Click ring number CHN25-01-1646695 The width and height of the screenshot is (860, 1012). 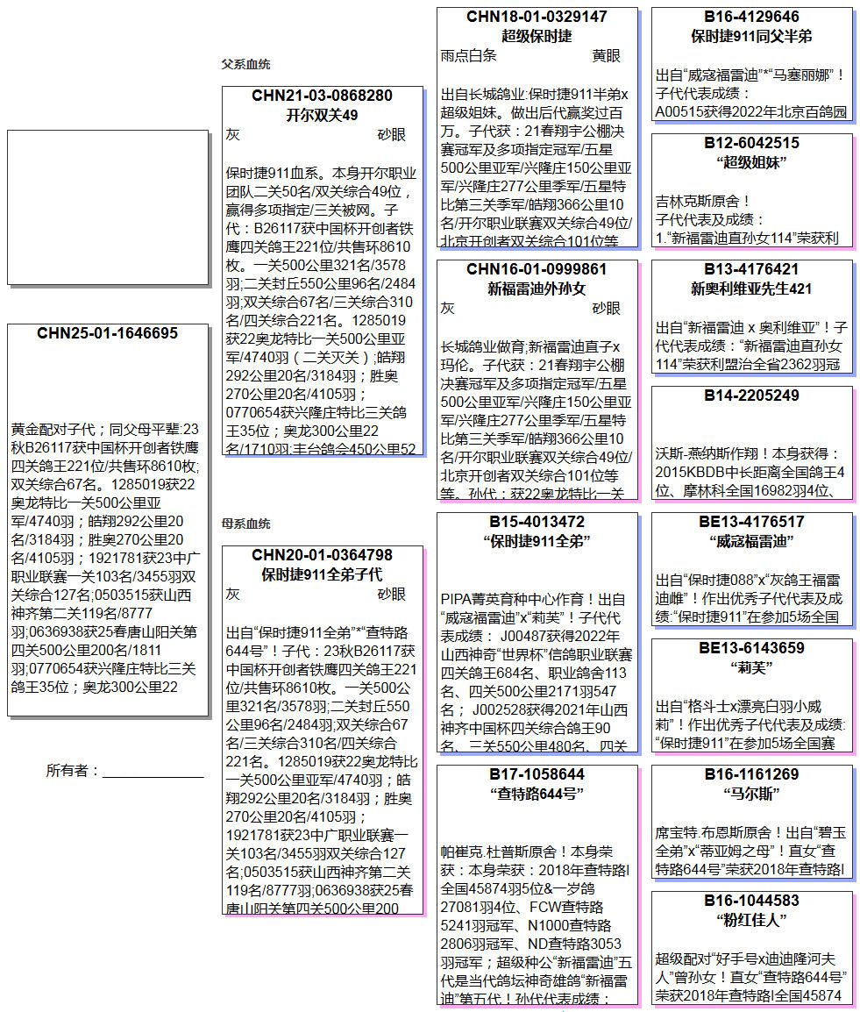[107, 333]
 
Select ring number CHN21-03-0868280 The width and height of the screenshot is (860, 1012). [322, 96]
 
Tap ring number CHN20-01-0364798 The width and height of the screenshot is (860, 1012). [322, 555]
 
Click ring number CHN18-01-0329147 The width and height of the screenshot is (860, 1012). [537, 17]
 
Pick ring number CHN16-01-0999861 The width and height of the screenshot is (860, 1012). [537, 269]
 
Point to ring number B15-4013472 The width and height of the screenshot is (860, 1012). [537, 522]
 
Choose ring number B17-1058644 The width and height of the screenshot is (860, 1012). [537, 774]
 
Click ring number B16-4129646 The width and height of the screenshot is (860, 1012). [751, 17]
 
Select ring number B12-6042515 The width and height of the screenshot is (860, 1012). [751, 143]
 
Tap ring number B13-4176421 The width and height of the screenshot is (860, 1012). [751, 269]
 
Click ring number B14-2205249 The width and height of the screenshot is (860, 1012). [751, 396]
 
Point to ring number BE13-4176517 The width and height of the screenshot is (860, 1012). [751, 522]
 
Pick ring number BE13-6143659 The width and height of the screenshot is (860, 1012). [751, 648]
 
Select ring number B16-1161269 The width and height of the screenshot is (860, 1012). [751, 774]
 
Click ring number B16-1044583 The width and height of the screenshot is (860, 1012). [751, 901]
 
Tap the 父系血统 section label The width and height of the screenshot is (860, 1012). [245, 64]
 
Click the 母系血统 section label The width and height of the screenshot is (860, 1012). [245, 524]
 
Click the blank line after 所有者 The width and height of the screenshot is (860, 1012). [153, 771]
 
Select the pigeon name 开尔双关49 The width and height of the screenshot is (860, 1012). [322, 115]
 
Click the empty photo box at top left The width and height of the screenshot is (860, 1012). [107, 207]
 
